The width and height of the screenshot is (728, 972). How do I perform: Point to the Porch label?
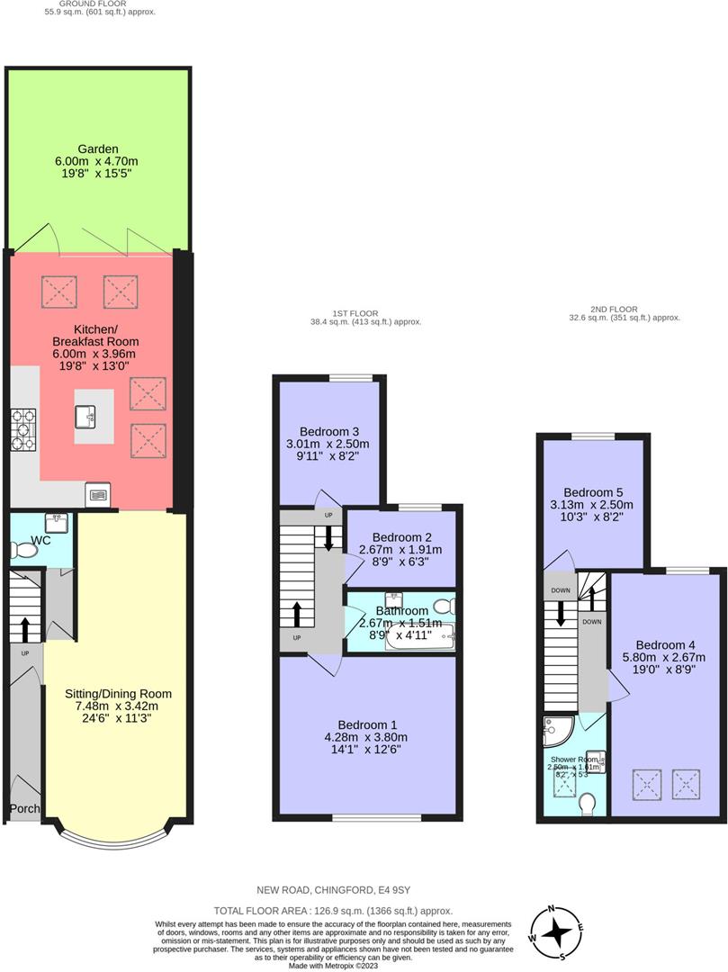[25, 808]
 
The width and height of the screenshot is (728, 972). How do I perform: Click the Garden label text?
[97, 149]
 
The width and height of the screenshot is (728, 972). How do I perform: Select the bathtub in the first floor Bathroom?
[421, 637]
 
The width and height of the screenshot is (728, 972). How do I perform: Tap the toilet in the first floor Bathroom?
[444, 606]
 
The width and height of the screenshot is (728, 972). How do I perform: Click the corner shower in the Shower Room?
[556, 730]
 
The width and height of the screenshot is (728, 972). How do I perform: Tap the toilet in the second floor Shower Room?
[589, 802]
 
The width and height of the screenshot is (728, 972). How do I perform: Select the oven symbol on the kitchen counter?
[97, 493]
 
